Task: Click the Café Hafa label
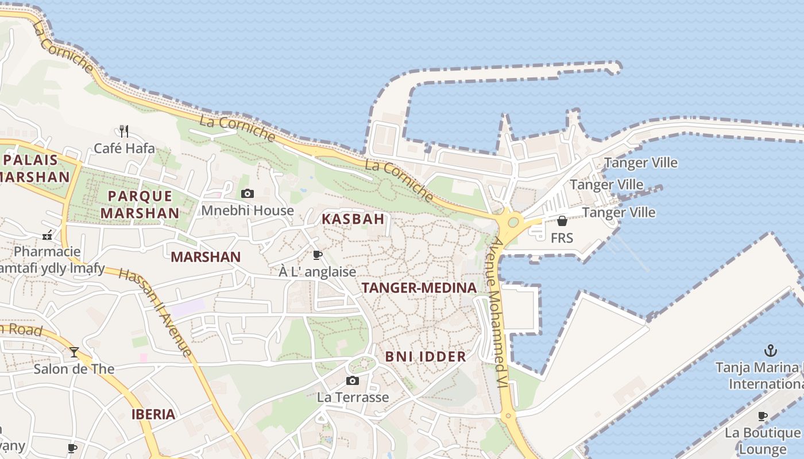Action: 124,148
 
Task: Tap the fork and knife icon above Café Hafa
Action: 123,131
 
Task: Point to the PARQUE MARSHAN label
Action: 140,204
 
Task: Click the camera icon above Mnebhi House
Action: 248,194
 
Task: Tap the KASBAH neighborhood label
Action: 353,219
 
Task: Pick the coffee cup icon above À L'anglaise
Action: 317,255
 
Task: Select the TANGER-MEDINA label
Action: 419,288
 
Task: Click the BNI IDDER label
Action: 426,356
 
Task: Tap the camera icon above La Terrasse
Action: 353,380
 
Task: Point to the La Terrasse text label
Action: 353,397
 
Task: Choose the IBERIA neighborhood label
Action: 153,414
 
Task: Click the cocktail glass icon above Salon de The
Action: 74,352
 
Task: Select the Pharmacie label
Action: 47,252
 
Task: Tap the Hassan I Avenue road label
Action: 155,312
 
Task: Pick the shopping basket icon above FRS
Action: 562,221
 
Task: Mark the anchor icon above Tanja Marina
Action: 770,350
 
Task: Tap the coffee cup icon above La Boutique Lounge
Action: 763,416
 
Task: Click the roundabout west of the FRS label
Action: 513,222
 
